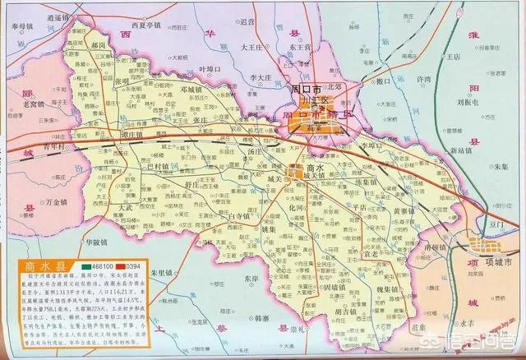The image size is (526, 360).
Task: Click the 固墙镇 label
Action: click(x=316, y=288)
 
